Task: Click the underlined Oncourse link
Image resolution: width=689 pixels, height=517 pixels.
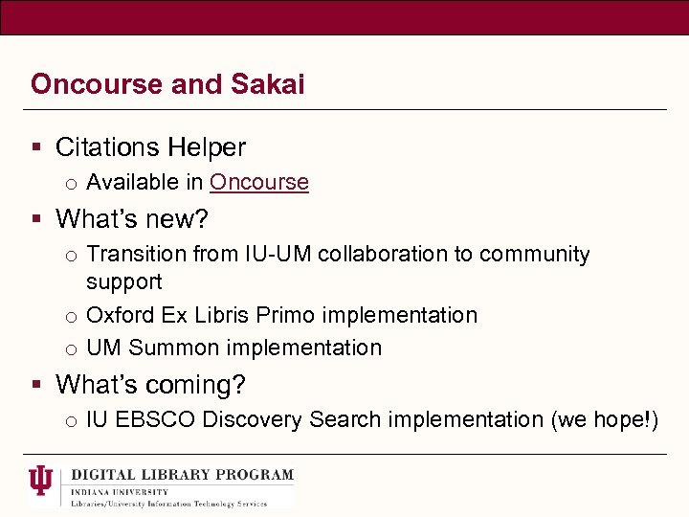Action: coord(258,182)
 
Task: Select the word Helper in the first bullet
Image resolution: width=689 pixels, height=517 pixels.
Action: coord(207,147)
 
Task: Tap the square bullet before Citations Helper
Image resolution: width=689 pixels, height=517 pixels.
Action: coord(36,148)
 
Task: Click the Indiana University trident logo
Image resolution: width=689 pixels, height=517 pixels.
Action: coord(41,482)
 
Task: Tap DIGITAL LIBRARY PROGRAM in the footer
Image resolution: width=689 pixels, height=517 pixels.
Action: coord(182,475)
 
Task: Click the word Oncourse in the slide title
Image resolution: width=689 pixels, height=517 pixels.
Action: coord(96,84)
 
